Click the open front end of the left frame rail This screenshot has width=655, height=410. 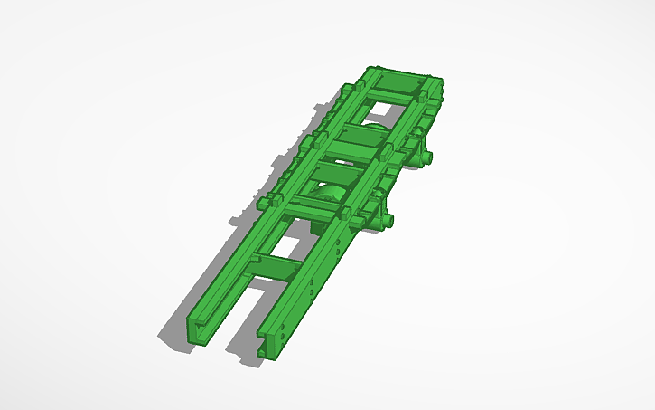pos(200,329)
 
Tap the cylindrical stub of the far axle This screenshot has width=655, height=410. pos(432,158)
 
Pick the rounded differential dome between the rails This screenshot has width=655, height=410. pos(326,194)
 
